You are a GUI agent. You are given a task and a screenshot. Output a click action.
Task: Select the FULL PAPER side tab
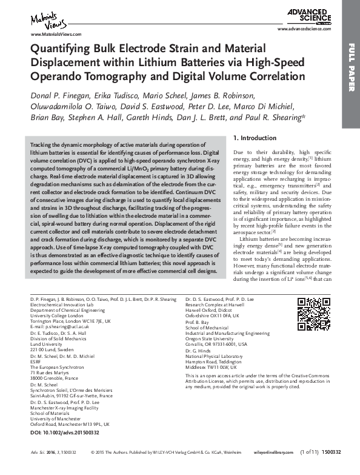coord(351,76)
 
